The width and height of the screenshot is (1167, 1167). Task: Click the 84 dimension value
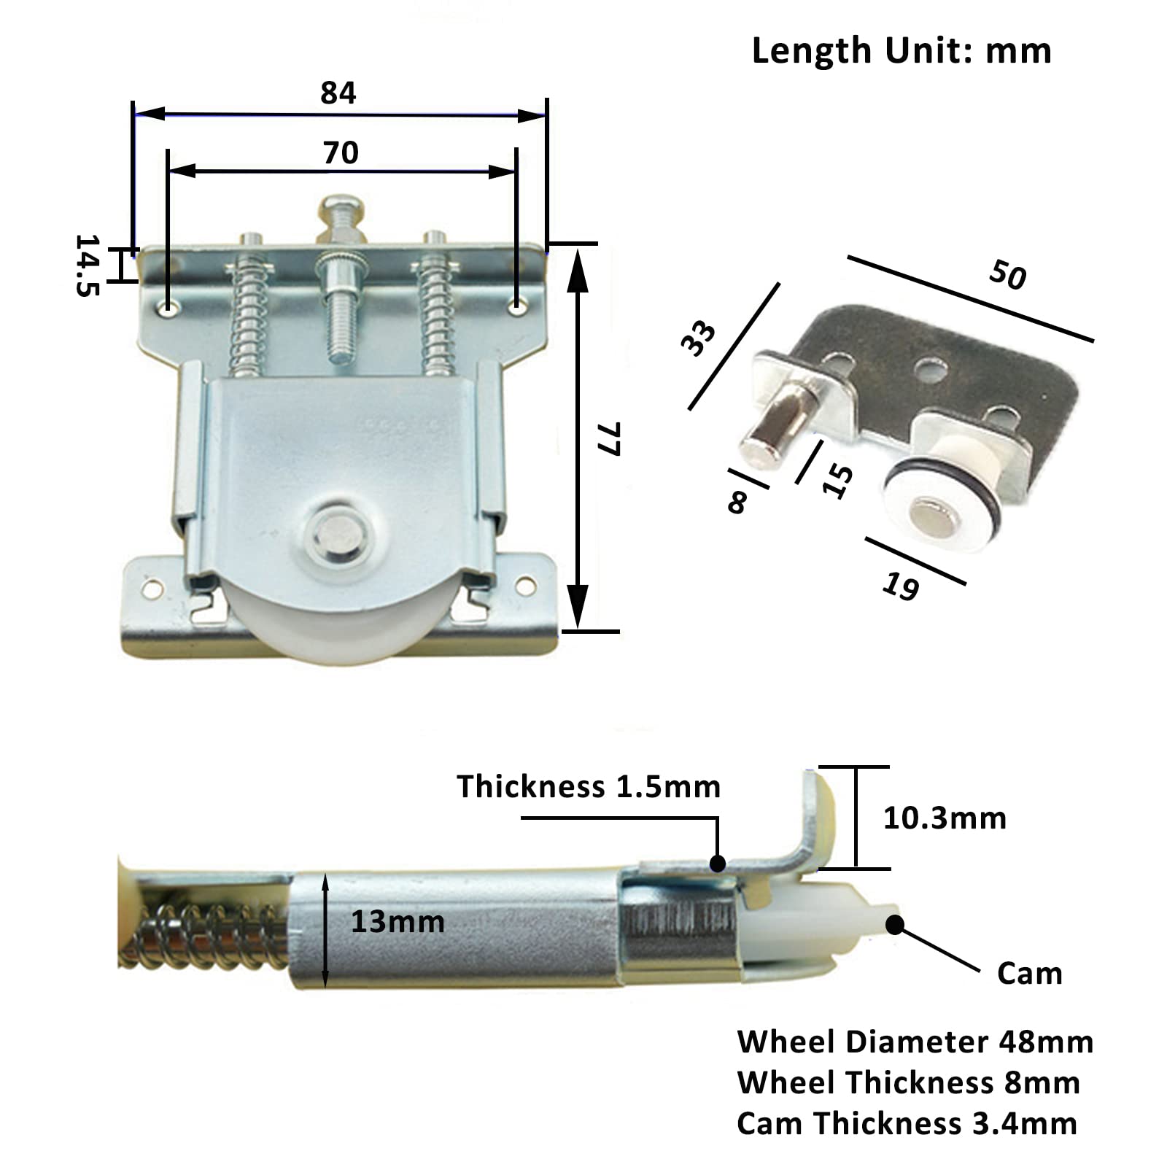click(338, 93)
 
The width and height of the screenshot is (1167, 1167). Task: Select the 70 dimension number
click(341, 153)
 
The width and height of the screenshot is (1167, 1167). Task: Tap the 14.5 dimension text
click(87, 265)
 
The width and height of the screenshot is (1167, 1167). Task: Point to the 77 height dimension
click(608, 438)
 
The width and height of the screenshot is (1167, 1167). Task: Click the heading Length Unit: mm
click(902, 51)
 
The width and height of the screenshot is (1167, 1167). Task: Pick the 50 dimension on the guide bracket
click(1008, 275)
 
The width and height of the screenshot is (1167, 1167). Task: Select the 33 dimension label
click(698, 338)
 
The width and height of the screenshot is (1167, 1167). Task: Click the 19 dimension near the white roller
click(901, 586)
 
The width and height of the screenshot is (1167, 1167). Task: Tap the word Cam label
click(1029, 974)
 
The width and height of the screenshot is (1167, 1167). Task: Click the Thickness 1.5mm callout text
click(589, 786)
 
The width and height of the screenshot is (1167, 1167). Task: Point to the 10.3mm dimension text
click(945, 818)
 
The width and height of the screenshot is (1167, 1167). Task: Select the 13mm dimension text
click(398, 922)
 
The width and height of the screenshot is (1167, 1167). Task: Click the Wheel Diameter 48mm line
click(915, 1042)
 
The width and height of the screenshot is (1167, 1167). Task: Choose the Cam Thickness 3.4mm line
click(907, 1123)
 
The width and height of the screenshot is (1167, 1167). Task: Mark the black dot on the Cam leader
click(895, 925)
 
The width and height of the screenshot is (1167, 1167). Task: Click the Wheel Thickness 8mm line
click(909, 1082)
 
